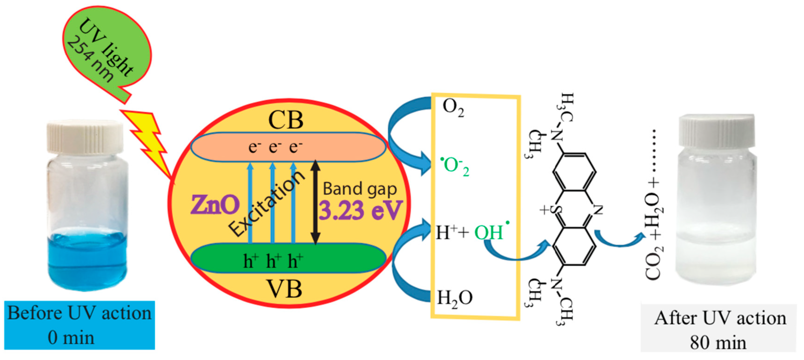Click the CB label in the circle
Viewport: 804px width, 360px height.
[286, 120]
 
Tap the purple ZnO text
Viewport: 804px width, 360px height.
[215, 205]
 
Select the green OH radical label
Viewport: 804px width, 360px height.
[490, 232]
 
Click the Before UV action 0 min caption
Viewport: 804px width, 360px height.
[79, 325]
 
